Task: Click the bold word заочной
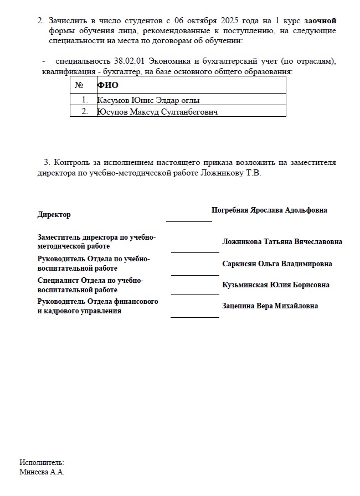[x=321, y=20]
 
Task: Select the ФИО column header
[x=108, y=85]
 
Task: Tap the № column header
[x=79, y=85]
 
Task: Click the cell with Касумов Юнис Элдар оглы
[x=148, y=100]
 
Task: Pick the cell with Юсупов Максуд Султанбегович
[x=157, y=112]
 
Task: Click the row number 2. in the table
[x=85, y=112]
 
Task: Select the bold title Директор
[x=54, y=214]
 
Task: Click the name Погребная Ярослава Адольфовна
[x=269, y=210]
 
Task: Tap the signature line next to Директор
[x=189, y=220]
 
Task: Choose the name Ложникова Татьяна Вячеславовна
[x=282, y=242]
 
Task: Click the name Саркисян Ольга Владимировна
[x=277, y=264]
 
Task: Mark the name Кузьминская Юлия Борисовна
[x=276, y=285]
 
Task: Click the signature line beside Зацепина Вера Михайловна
[x=195, y=316]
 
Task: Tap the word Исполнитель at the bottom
[x=42, y=462]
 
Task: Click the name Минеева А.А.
[x=42, y=472]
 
